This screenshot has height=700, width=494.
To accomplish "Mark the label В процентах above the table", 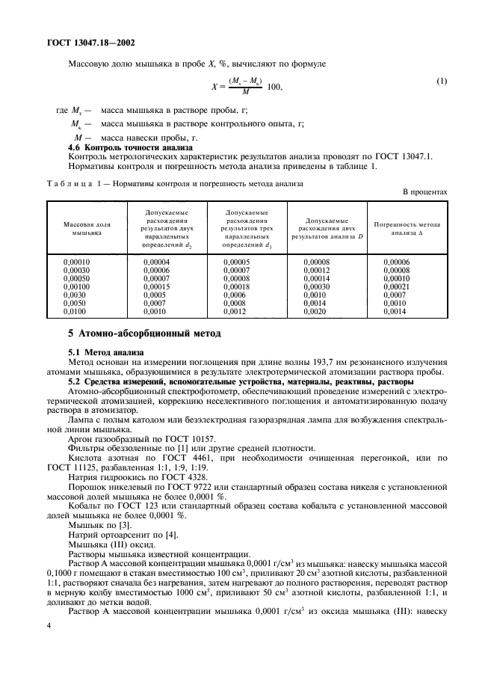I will pos(425,191).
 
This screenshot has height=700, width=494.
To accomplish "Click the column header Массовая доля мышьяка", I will pos(87,228).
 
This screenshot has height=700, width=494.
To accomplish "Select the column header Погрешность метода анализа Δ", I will pos(407,228).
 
